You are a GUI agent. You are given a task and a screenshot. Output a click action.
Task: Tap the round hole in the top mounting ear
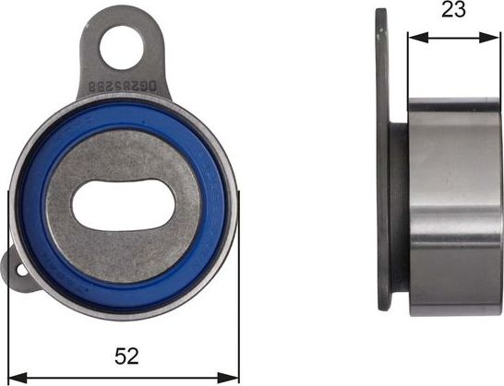pyautogui.click(x=125, y=48)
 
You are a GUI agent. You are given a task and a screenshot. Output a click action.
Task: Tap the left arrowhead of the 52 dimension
pyautogui.click(x=26, y=376)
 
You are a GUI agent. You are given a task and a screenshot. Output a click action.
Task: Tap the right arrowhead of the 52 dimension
pyautogui.click(x=233, y=376)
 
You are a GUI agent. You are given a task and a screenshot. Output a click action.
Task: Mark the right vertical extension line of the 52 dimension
pyautogui.click(x=239, y=295)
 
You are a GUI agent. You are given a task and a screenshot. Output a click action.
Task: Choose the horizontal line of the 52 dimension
pyautogui.click(x=129, y=376)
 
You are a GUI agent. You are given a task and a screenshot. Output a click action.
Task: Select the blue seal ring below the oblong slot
pyautogui.click(x=125, y=288)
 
